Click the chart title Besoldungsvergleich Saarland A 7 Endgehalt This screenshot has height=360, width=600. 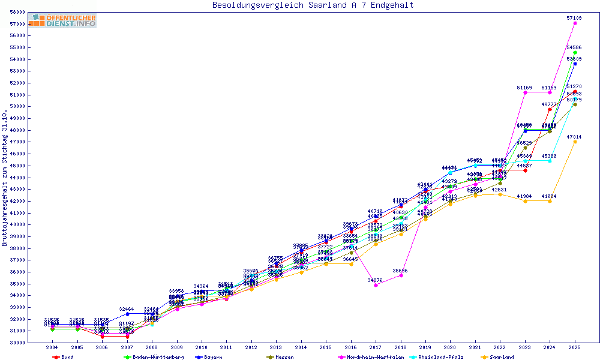click(313, 5)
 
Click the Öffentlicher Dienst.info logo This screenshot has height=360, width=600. click(63, 20)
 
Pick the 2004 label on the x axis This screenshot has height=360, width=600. click(52, 347)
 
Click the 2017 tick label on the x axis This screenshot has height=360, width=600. click(376, 347)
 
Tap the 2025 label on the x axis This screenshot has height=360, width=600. click(575, 347)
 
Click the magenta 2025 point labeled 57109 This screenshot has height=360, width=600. click(575, 23)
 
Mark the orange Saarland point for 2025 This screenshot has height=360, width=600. click(575, 142)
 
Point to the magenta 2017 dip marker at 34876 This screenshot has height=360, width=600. click(376, 285)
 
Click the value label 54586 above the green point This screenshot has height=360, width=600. click(574, 47)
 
